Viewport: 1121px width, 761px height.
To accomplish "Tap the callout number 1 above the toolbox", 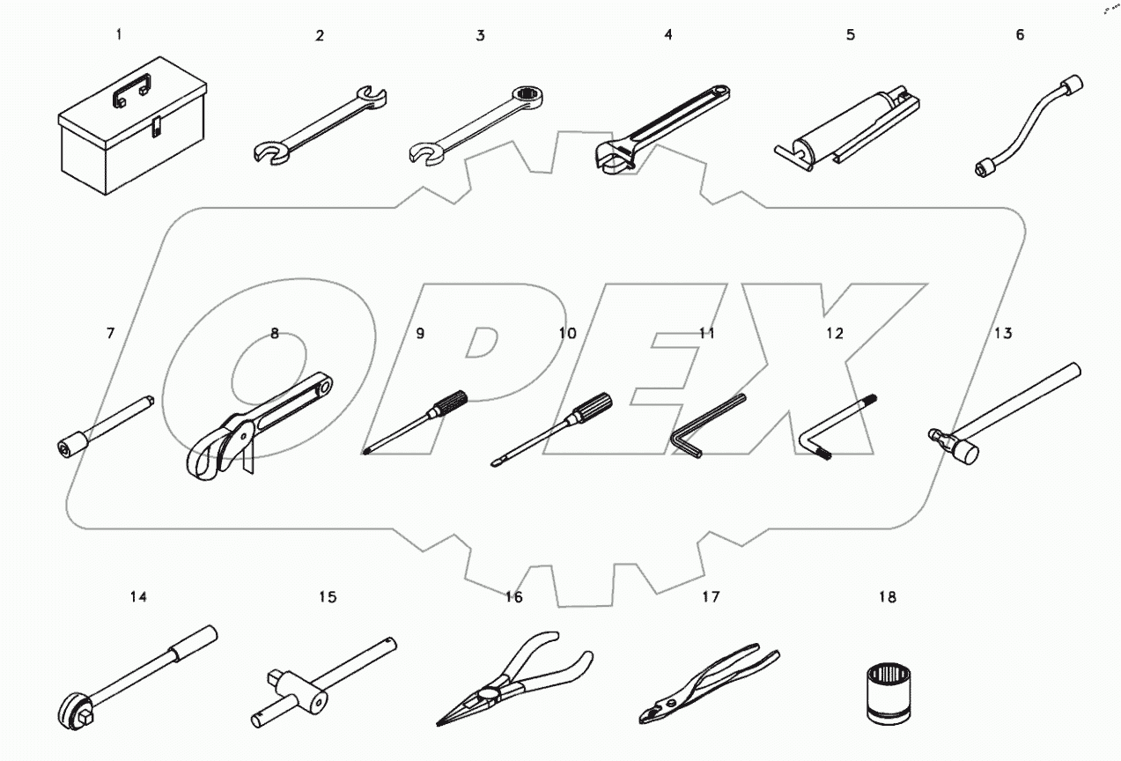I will tap(119, 34).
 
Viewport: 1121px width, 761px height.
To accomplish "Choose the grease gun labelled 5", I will tap(847, 124).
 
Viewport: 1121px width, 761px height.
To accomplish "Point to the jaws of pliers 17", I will tap(653, 710).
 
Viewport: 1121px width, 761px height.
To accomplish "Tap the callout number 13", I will tap(1003, 333).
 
